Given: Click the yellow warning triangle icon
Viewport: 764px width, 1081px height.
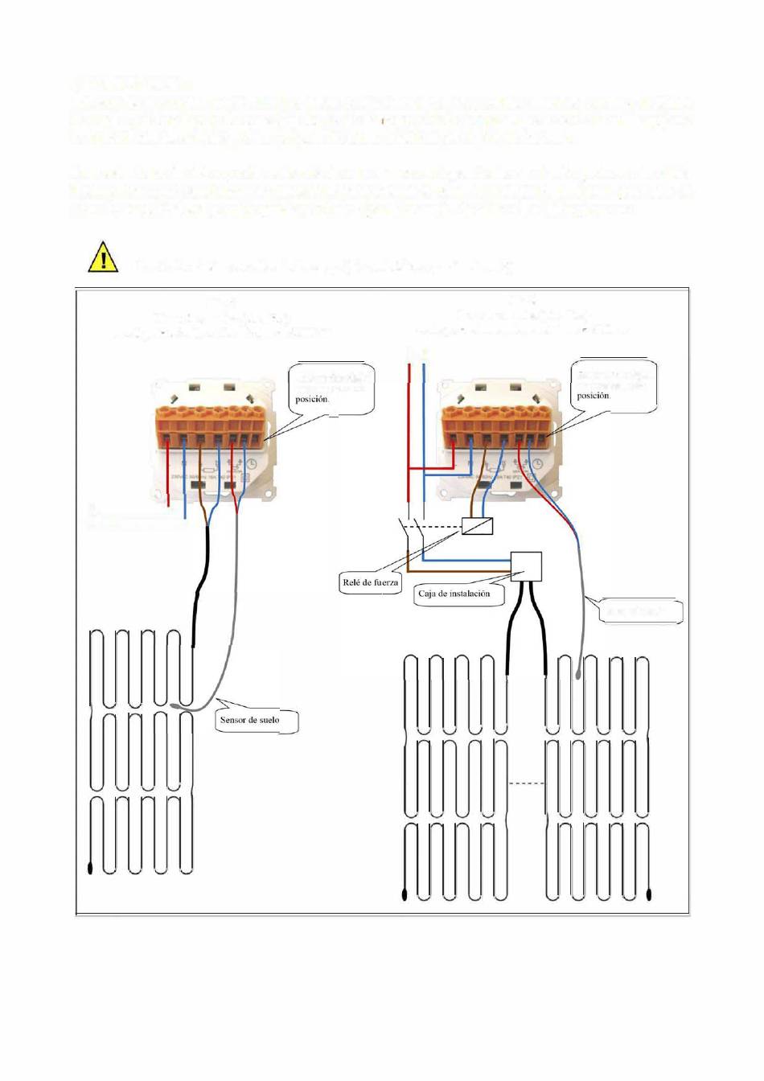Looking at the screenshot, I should click(103, 257).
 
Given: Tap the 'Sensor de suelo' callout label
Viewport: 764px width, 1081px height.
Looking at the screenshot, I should click(250, 720).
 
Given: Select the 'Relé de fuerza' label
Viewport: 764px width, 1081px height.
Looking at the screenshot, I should click(371, 582).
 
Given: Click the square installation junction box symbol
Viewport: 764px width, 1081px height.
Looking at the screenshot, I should click(527, 566).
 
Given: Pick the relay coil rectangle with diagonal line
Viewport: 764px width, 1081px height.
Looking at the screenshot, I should click(476, 527).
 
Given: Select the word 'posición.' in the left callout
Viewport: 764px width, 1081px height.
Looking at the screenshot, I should click(312, 399).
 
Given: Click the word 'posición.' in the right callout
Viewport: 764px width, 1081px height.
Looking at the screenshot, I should click(594, 396).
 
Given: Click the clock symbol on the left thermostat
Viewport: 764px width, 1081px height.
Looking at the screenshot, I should click(252, 464).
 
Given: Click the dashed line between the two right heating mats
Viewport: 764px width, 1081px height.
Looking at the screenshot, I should click(527, 783).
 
